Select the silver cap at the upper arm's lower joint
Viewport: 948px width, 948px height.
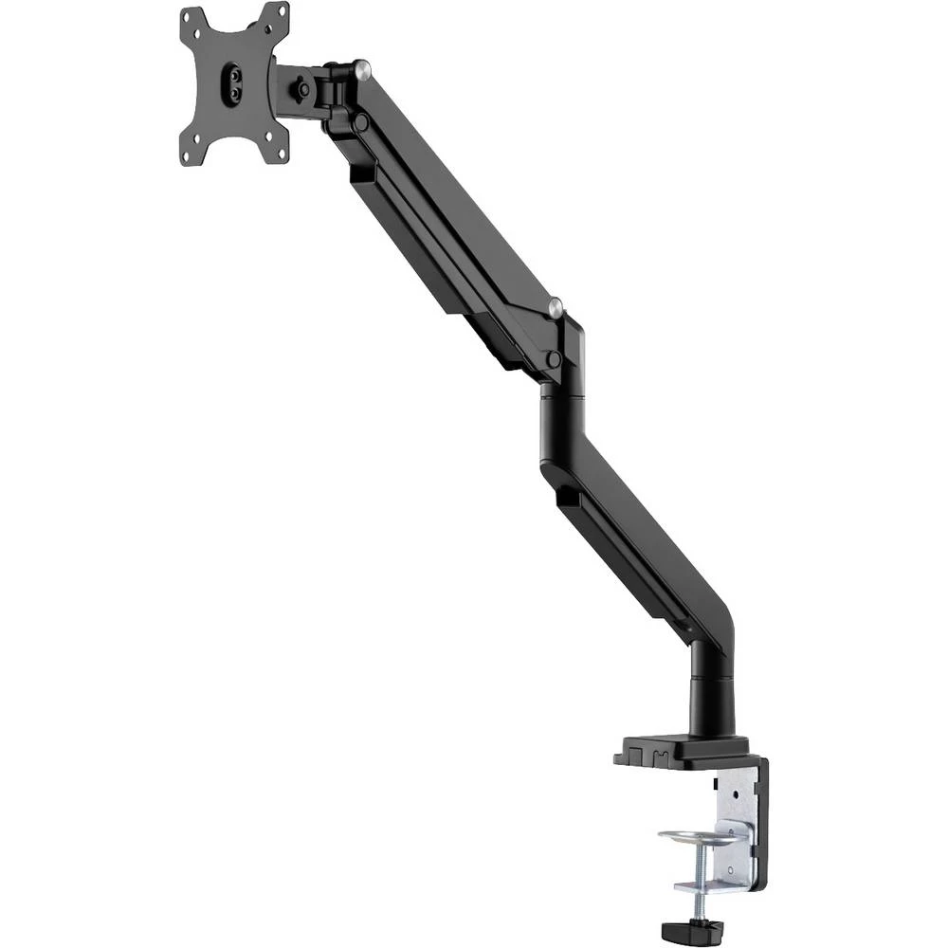point(557,307)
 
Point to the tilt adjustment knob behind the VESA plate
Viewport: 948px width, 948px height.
point(302,87)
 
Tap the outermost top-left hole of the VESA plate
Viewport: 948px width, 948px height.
point(187,17)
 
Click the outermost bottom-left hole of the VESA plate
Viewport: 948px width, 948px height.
point(186,155)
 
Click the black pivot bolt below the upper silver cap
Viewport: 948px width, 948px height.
point(361,120)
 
